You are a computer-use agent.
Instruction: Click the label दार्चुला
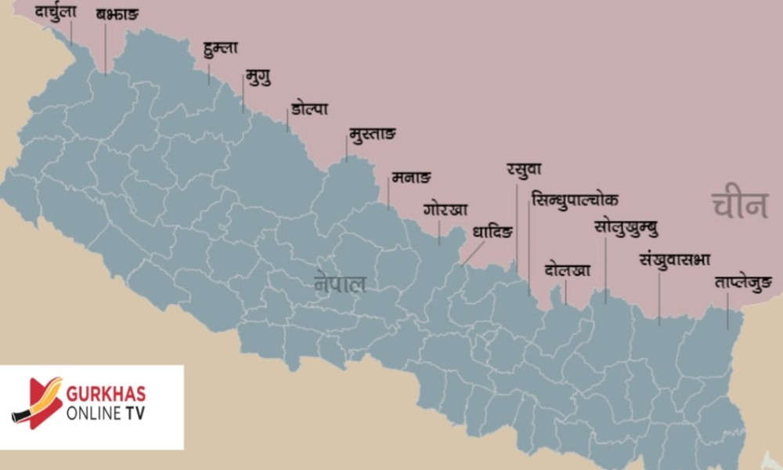[56, 12]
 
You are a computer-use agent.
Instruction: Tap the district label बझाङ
[117, 15]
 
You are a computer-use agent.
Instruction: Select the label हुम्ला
[219, 48]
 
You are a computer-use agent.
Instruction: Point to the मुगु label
[258, 77]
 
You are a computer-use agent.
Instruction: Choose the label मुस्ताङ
[372, 134]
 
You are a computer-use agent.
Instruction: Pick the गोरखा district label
[446, 209]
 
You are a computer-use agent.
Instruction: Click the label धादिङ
[493, 233]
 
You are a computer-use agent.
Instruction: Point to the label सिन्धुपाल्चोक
[574, 199]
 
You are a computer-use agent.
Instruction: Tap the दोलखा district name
[568, 270]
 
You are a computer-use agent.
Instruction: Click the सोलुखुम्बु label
[626, 229]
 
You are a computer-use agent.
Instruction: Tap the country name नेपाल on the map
[340, 283]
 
